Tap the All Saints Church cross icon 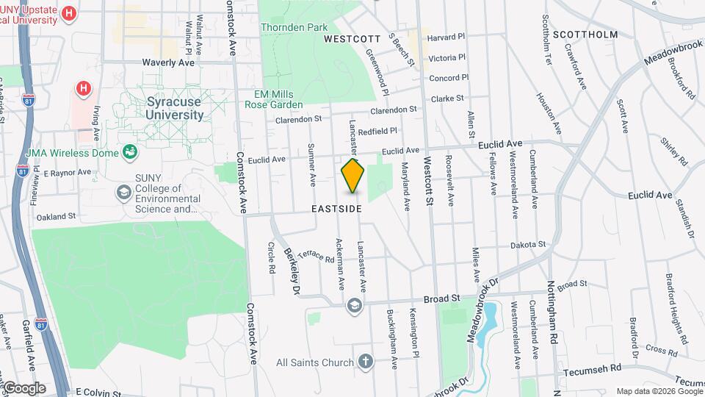[x=366, y=362]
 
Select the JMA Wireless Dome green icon [x=131, y=152]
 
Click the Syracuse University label [x=174, y=109]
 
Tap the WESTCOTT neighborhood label [x=352, y=38]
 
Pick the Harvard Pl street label [x=446, y=36]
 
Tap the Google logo [x=24, y=387]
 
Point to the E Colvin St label [x=98, y=393]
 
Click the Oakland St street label [x=57, y=217]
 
